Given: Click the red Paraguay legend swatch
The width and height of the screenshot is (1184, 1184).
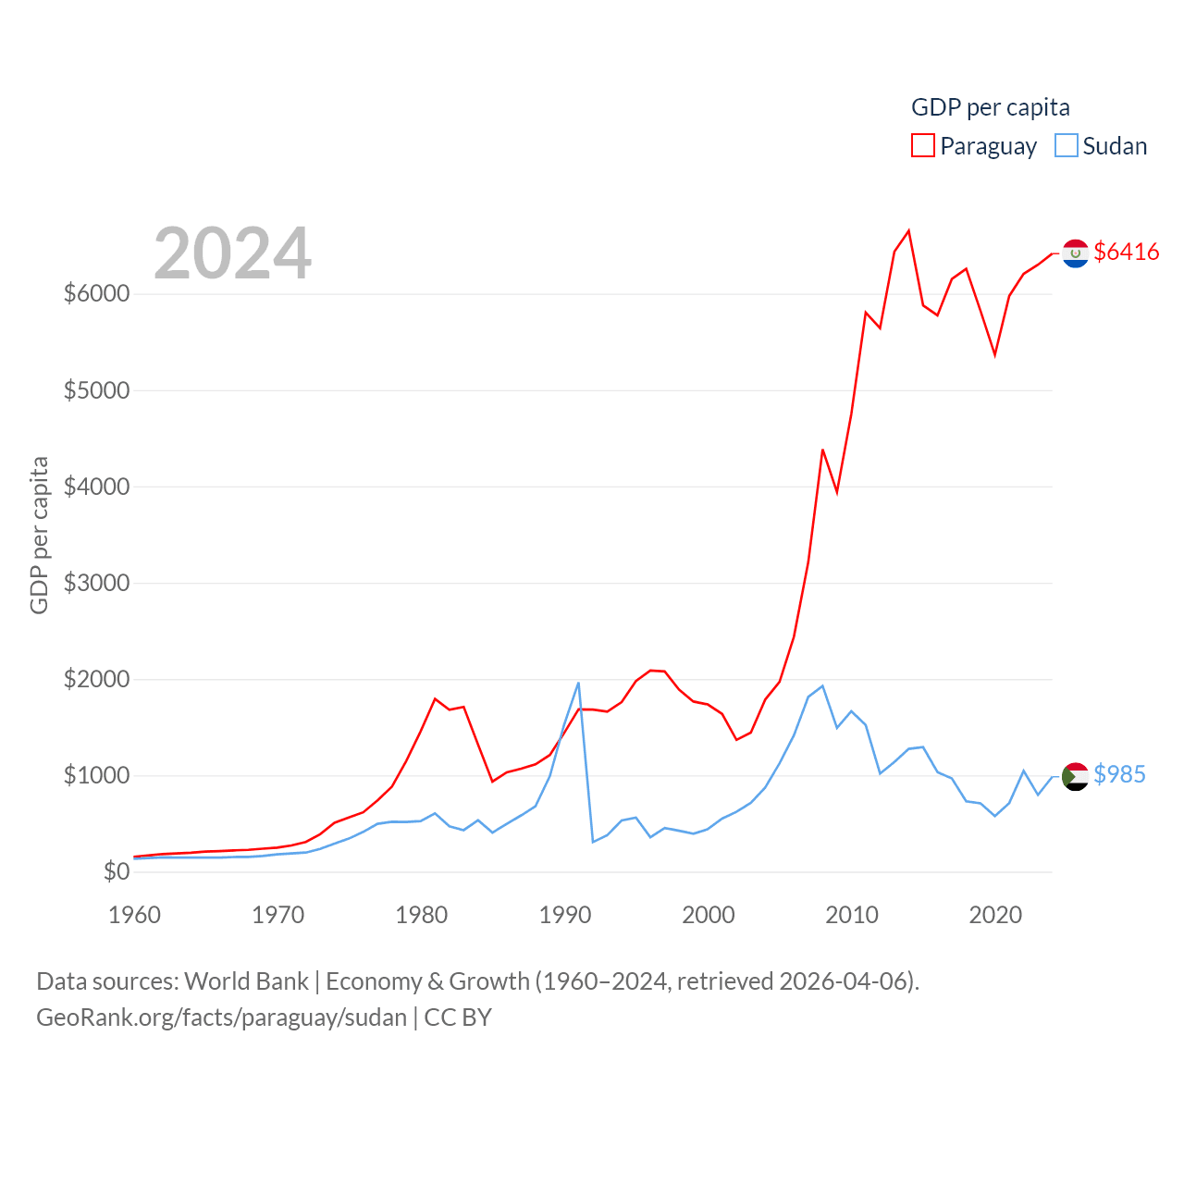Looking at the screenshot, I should pyautogui.click(x=922, y=146).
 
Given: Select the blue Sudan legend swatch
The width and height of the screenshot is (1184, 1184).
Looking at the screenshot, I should pyautogui.click(x=1066, y=146).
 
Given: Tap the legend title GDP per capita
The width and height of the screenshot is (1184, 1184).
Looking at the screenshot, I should pyautogui.click(x=990, y=107).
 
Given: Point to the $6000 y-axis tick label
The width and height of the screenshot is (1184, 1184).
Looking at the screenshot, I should pyautogui.click(x=96, y=294).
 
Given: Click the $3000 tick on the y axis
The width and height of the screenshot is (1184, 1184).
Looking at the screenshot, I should pyautogui.click(x=96, y=583).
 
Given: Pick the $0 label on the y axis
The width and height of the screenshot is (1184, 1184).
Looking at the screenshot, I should pyautogui.click(x=116, y=871).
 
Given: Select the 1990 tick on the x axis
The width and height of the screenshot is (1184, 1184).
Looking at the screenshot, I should pyautogui.click(x=564, y=915).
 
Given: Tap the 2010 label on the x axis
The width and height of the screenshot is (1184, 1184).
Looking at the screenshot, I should pyautogui.click(x=851, y=915).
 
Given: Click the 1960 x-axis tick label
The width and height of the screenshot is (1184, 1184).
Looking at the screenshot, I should pyautogui.click(x=135, y=915).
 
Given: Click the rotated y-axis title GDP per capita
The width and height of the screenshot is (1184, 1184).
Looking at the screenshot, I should pyautogui.click(x=39, y=535).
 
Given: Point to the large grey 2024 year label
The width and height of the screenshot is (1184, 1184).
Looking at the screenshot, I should pyautogui.click(x=232, y=253).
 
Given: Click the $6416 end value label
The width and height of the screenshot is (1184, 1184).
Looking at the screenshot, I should pyautogui.click(x=1126, y=252).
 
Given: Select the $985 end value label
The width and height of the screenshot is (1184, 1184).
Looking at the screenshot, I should pyautogui.click(x=1119, y=774).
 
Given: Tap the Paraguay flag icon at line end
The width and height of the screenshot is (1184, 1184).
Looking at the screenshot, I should pyautogui.click(x=1075, y=253).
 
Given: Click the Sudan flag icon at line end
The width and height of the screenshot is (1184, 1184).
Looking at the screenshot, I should pyautogui.click(x=1075, y=776).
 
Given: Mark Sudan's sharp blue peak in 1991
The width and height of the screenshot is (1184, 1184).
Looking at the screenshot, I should pyautogui.click(x=578, y=684).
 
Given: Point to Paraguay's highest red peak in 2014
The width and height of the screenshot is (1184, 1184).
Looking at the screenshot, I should pyautogui.click(x=908, y=231).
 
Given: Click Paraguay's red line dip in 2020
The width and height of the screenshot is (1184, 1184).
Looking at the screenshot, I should pyautogui.click(x=994, y=354).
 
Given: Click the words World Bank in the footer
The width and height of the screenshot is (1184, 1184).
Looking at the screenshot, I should pyautogui.click(x=246, y=980).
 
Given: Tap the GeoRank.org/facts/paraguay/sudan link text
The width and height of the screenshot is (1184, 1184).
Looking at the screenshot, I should pyautogui.click(x=222, y=1017).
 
